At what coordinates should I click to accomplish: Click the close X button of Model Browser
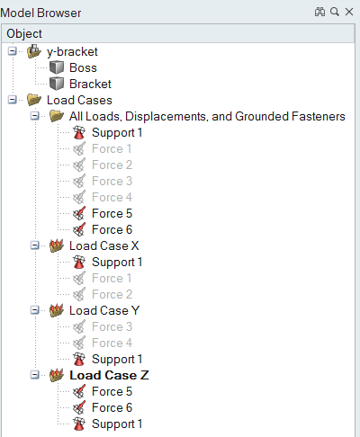pos(349,12)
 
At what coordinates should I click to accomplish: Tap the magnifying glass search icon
pos(335,12)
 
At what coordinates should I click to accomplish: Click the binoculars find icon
pos(319,12)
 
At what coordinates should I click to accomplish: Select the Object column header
pos(24,33)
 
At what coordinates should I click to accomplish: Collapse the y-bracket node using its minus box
pos(13,51)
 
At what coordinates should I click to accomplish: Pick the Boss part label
pos(83,67)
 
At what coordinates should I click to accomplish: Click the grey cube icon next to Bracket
pos(57,84)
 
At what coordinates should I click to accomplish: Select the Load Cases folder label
pos(79,100)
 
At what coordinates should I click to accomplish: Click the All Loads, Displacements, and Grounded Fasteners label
pos(207,116)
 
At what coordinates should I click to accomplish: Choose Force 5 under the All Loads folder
pos(112,213)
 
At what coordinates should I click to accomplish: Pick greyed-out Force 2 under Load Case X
pos(112,294)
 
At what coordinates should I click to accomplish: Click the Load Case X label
pos(104,245)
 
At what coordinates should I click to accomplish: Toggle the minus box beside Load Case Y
pos(35,310)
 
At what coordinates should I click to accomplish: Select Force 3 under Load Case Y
pos(112,326)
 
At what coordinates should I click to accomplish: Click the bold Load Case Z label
pos(109,375)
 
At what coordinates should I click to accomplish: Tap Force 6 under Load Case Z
pos(112,407)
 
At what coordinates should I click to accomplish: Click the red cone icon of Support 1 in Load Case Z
pos(79,424)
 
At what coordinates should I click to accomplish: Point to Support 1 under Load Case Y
pos(117,359)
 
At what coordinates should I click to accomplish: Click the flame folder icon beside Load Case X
pos(57,245)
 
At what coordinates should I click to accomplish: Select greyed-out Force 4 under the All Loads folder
pos(112,197)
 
